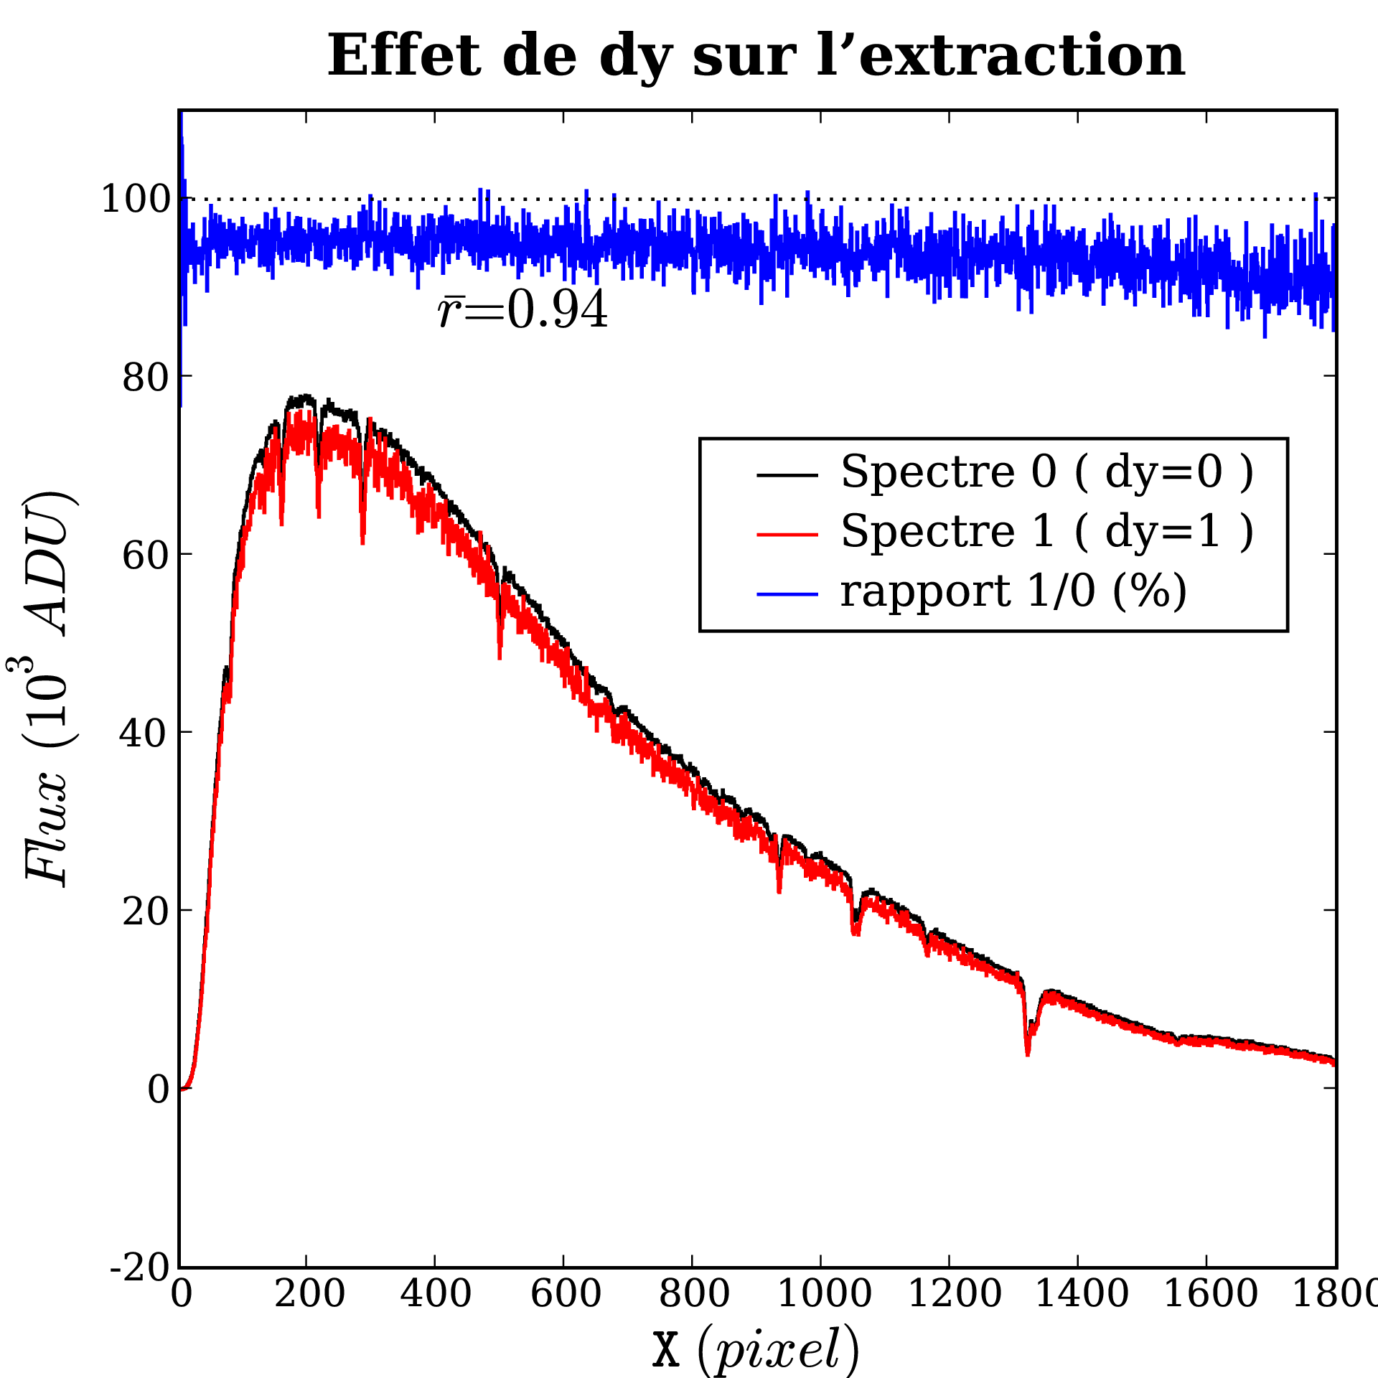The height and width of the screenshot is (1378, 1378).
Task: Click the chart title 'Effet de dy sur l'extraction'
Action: (756, 56)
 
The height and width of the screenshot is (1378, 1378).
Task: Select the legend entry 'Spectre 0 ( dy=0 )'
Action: (1046, 473)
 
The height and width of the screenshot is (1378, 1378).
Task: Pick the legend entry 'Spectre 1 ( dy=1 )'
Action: (1046, 532)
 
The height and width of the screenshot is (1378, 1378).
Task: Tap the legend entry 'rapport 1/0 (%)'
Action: (1013, 592)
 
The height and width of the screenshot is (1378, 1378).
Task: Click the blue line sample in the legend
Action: (787, 594)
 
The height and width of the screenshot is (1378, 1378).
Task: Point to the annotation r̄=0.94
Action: (522, 311)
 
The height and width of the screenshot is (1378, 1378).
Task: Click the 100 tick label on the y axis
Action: (135, 199)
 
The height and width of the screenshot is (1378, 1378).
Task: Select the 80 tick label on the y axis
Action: (146, 377)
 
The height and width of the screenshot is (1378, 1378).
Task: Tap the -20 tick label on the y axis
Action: (140, 1268)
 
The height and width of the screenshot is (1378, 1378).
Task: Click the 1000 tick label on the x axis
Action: (824, 1294)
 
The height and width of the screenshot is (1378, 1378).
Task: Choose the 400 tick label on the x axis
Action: (435, 1294)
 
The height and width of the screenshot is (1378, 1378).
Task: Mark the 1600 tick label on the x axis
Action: (1210, 1294)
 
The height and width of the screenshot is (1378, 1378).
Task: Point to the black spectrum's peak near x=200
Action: (305, 397)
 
